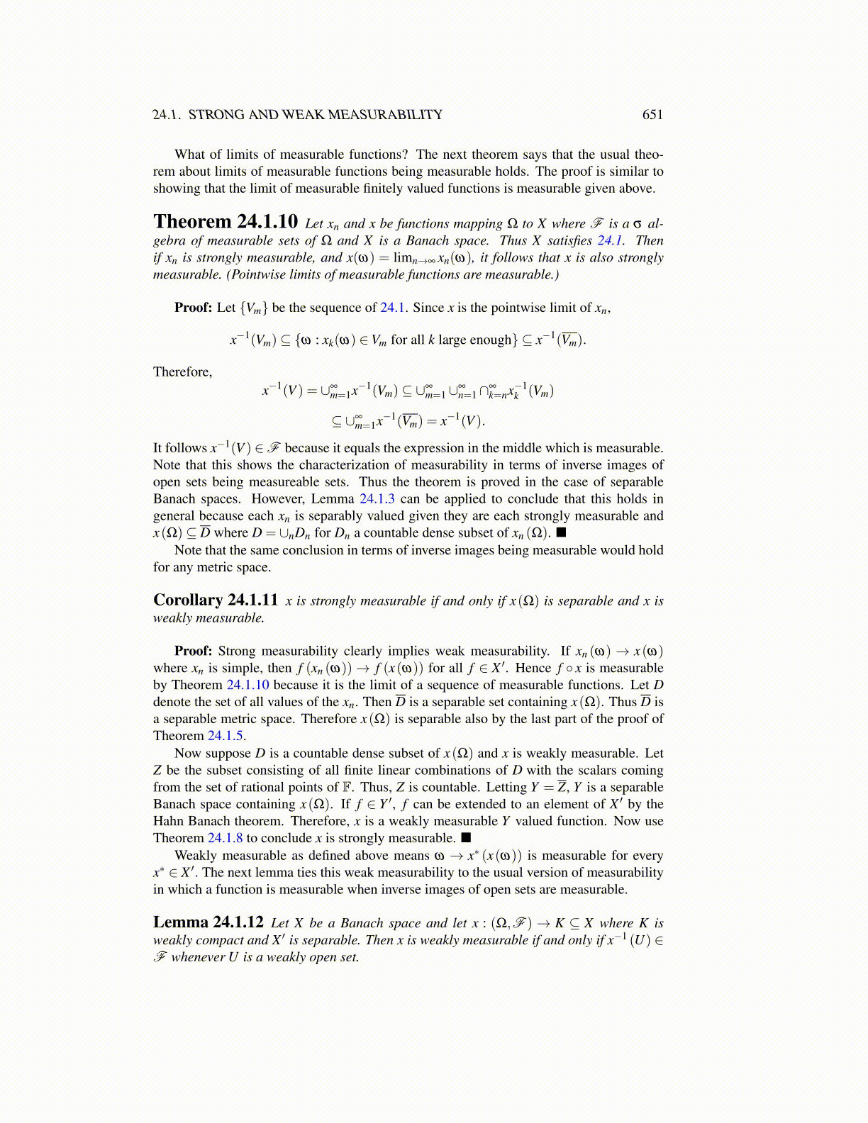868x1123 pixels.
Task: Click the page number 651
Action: (652, 115)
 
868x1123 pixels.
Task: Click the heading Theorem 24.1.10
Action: (226, 222)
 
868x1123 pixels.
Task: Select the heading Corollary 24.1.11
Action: (216, 600)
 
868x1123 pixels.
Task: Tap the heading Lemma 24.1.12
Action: (208, 922)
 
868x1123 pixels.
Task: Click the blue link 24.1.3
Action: (377, 499)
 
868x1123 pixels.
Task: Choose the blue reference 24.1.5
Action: (226, 736)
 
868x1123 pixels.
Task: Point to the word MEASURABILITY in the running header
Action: (385, 115)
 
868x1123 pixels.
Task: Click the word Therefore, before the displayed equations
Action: (182, 372)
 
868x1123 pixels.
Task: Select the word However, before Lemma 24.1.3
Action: (277, 499)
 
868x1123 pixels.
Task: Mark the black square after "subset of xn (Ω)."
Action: (561, 533)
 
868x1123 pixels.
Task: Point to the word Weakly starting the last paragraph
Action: (196, 856)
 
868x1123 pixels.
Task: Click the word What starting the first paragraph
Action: (189, 155)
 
